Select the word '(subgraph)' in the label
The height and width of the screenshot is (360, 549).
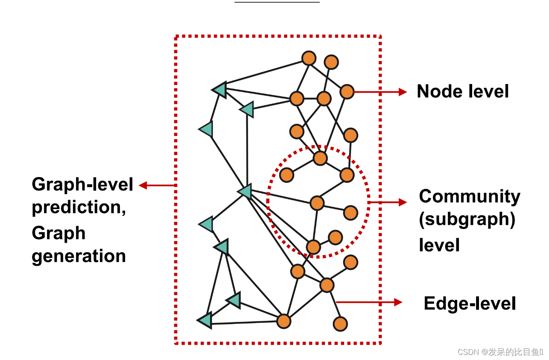(x=467, y=219)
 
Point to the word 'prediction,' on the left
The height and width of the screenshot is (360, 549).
(x=79, y=208)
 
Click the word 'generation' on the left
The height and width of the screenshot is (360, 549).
(x=79, y=256)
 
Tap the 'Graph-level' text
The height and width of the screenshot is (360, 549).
(x=82, y=184)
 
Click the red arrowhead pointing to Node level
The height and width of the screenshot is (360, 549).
(x=403, y=92)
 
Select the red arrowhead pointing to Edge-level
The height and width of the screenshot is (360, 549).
(x=398, y=302)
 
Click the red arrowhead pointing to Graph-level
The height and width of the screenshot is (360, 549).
(x=143, y=186)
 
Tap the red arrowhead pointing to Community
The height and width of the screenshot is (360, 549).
(x=403, y=202)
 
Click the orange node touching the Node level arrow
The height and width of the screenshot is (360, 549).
(x=347, y=92)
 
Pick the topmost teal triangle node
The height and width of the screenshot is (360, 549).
(x=220, y=90)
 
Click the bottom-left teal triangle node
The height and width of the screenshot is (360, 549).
(x=205, y=320)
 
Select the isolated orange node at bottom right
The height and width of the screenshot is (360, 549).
(x=340, y=324)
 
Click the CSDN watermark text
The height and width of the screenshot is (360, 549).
(x=500, y=352)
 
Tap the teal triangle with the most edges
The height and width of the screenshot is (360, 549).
(x=245, y=191)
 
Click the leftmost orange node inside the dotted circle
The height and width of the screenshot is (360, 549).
(x=287, y=175)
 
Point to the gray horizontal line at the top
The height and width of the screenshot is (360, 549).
(x=277, y=2)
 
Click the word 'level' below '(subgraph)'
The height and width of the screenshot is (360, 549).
(x=439, y=245)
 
